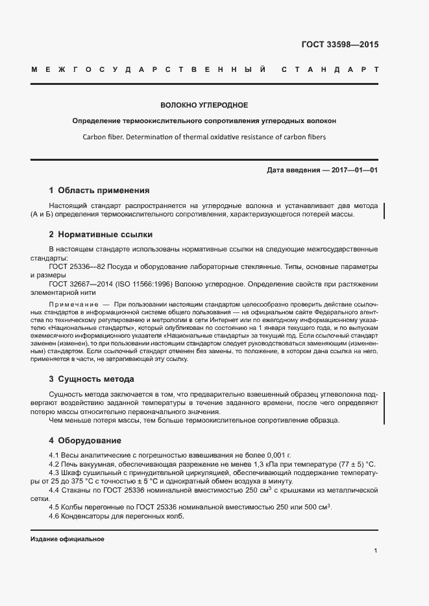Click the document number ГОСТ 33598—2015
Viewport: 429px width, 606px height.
coord(339,45)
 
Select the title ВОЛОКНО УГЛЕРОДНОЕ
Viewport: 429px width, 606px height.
coord(204,104)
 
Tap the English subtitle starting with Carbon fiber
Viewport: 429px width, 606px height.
coord(204,137)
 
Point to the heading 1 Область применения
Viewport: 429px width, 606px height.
coord(99,191)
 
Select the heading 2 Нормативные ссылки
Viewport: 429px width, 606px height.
coord(101,234)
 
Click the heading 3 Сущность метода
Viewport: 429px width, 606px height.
coord(92,379)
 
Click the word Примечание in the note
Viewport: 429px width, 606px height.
coord(72,304)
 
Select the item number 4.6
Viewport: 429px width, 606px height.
coord(55,516)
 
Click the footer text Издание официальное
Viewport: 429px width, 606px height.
coord(67,539)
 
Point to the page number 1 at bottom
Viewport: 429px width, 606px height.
coord(376,550)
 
